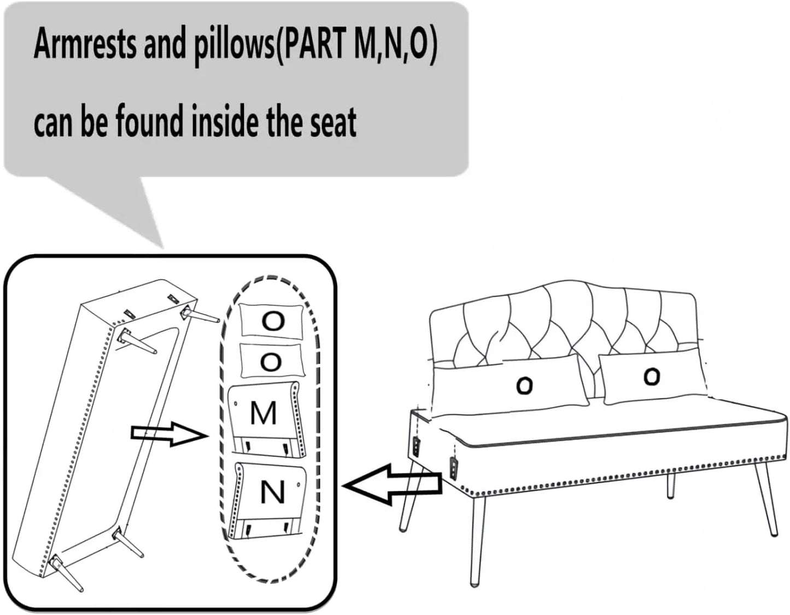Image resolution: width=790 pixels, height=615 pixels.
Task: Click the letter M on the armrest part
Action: click(264, 414)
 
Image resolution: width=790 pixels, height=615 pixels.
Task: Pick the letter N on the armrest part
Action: click(273, 492)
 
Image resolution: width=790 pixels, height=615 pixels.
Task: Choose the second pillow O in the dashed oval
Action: click(271, 361)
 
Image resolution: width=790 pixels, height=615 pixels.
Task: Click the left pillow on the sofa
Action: click(509, 385)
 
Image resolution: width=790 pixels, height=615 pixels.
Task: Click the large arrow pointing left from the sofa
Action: click(393, 484)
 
